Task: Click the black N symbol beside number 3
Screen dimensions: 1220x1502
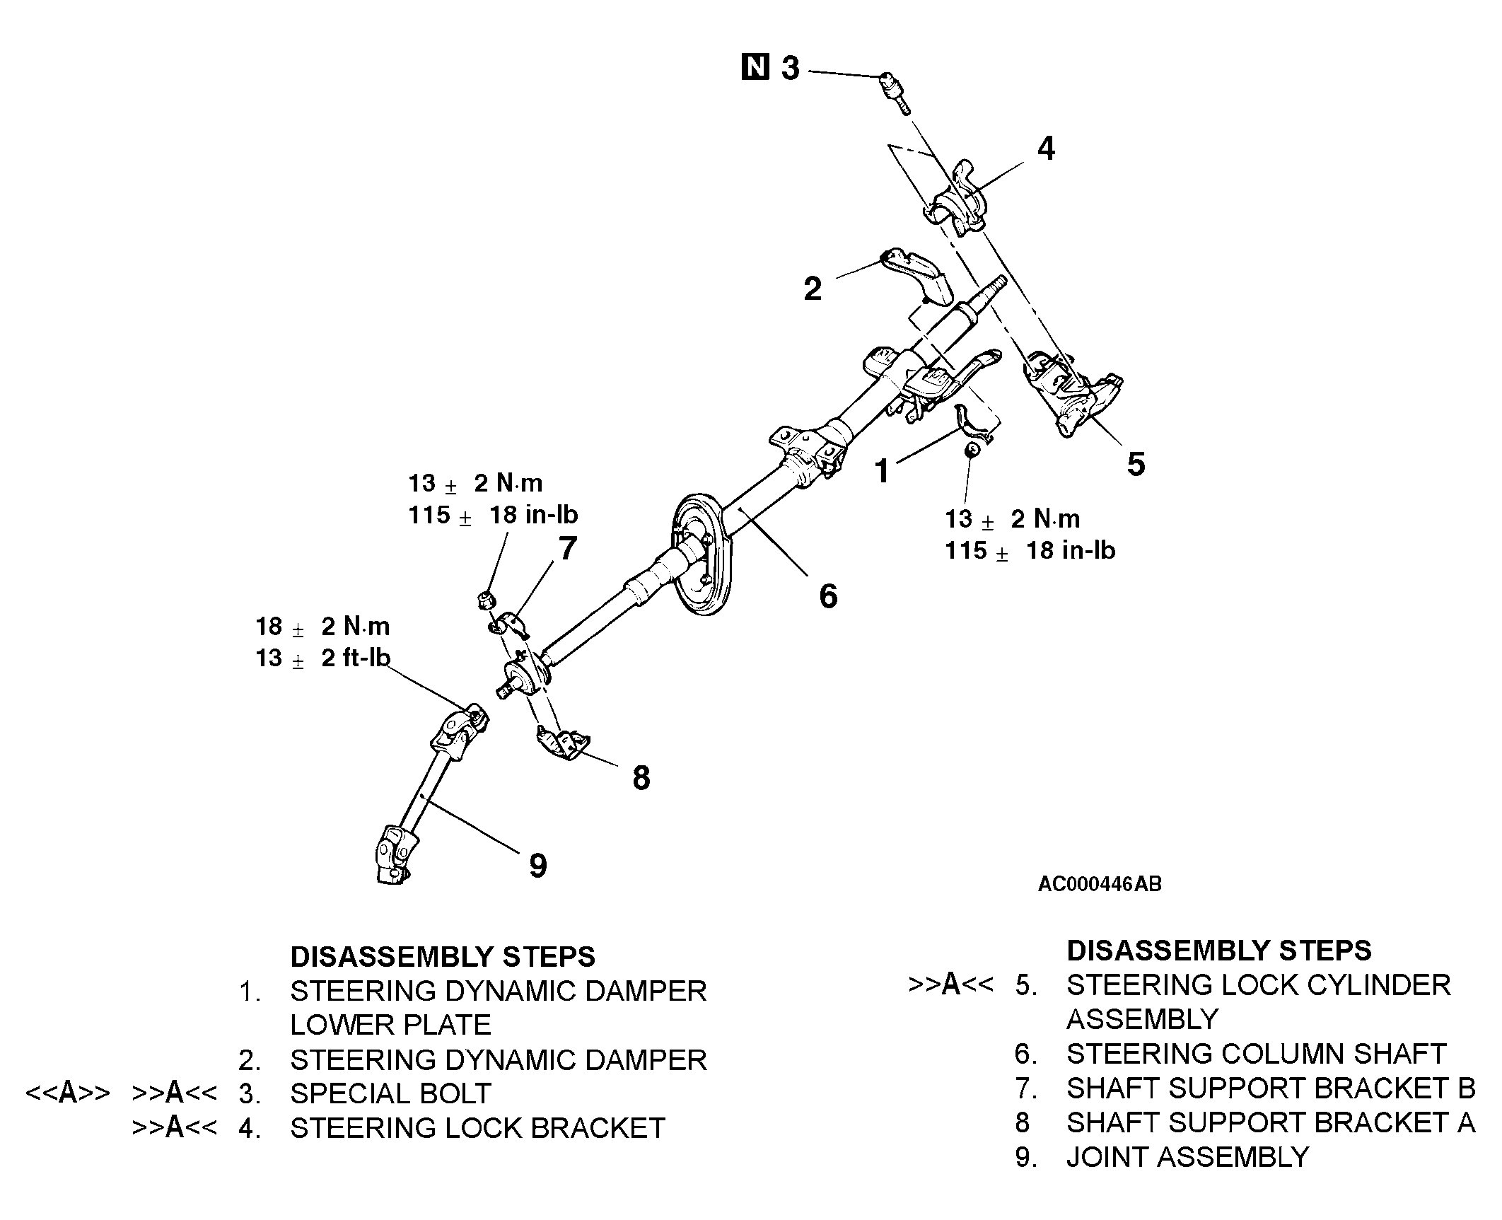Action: tap(755, 67)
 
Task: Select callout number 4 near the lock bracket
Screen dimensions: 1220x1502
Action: tap(1046, 149)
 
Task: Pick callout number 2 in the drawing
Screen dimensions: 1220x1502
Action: tap(813, 289)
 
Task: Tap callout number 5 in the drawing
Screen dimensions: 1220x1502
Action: tap(1135, 465)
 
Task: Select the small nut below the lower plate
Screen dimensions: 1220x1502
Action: tap(972, 450)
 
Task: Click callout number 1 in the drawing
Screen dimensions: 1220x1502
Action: tap(881, 471)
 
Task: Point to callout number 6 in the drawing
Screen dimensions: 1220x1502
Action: tap(827, 596)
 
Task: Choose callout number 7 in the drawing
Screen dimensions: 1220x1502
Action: tap(567, 549)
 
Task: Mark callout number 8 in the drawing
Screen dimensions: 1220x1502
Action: tap(641, 778)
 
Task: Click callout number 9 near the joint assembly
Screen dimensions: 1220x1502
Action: tap(537, 865)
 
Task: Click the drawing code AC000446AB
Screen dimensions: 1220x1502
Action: tap(1099, 884)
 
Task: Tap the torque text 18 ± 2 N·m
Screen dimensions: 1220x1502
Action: tap(322, 627)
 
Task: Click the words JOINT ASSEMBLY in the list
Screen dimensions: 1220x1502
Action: tap(1187, 1157)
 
